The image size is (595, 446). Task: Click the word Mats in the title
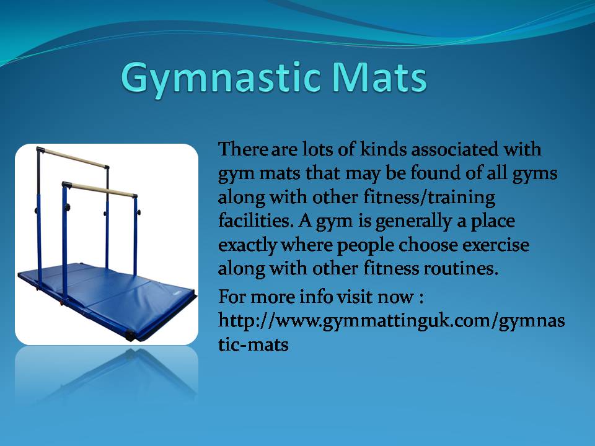(379, 77)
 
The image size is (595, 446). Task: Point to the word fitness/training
(430, 198)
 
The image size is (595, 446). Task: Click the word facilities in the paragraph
(256, 221)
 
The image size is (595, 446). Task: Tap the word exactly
(247, 245)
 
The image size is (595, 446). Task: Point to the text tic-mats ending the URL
(253, 345)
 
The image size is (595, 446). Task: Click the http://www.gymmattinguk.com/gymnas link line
(391, 321)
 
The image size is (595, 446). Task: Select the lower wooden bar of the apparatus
(102, 190)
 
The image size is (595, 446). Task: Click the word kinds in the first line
(382, 149)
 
